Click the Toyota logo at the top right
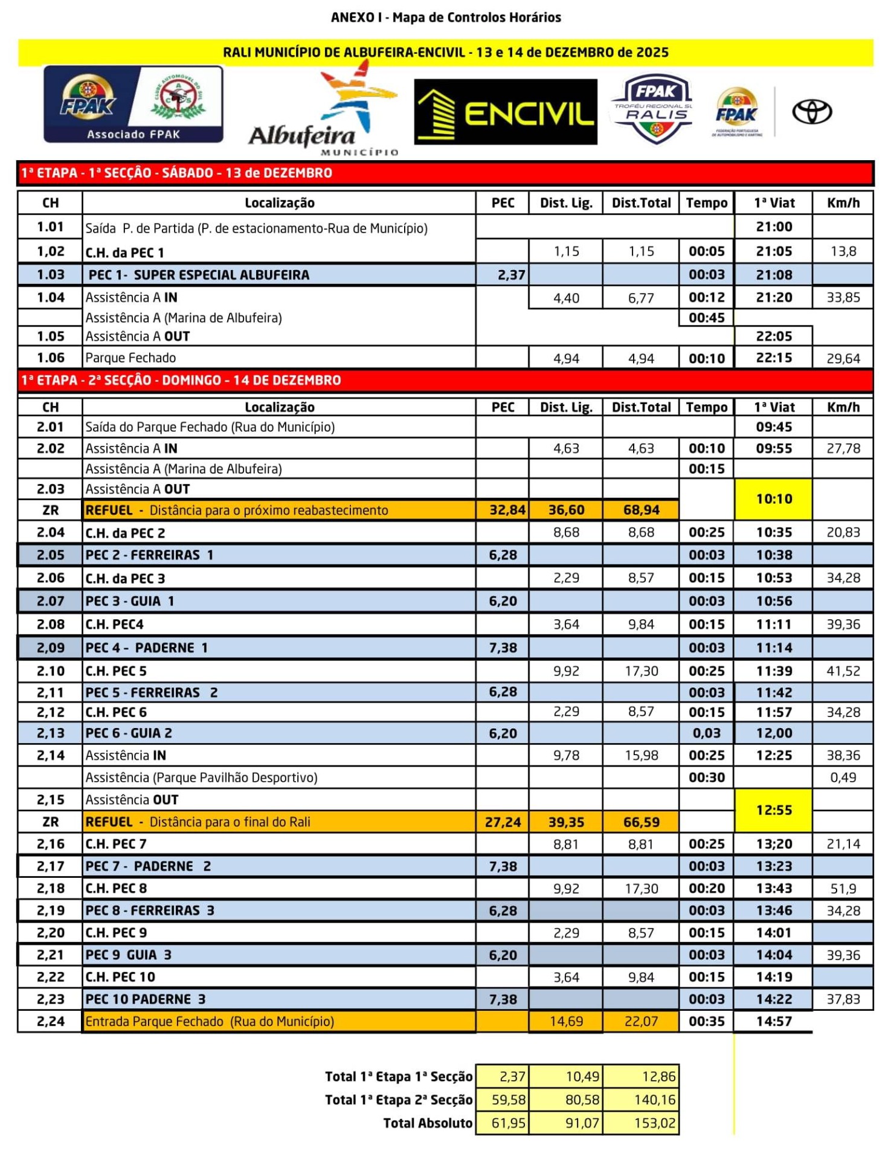tap(812, 112)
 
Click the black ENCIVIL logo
tap(506, 112)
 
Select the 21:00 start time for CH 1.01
tap(774, 227)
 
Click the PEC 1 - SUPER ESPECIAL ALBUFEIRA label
tap(199, 275)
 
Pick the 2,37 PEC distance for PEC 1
tap(510, 275)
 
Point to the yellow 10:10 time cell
tap(774, 499)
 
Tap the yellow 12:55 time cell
tap(774, 810)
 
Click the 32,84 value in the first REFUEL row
tap(507, 510)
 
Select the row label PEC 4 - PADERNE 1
tap(147, 648)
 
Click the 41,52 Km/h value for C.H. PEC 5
tap(843, 671)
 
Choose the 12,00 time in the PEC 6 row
tap(774, 733)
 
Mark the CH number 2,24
tap(50, 1021)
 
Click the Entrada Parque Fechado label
tap(210, 1021)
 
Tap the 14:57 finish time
tap(774, 1021)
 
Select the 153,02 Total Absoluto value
tap(654, 1123)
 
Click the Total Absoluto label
tap(428, 1123)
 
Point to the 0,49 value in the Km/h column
tap(843, 777)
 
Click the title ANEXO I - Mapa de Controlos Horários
tap(446, 17)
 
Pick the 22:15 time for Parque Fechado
tap(774, 358)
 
